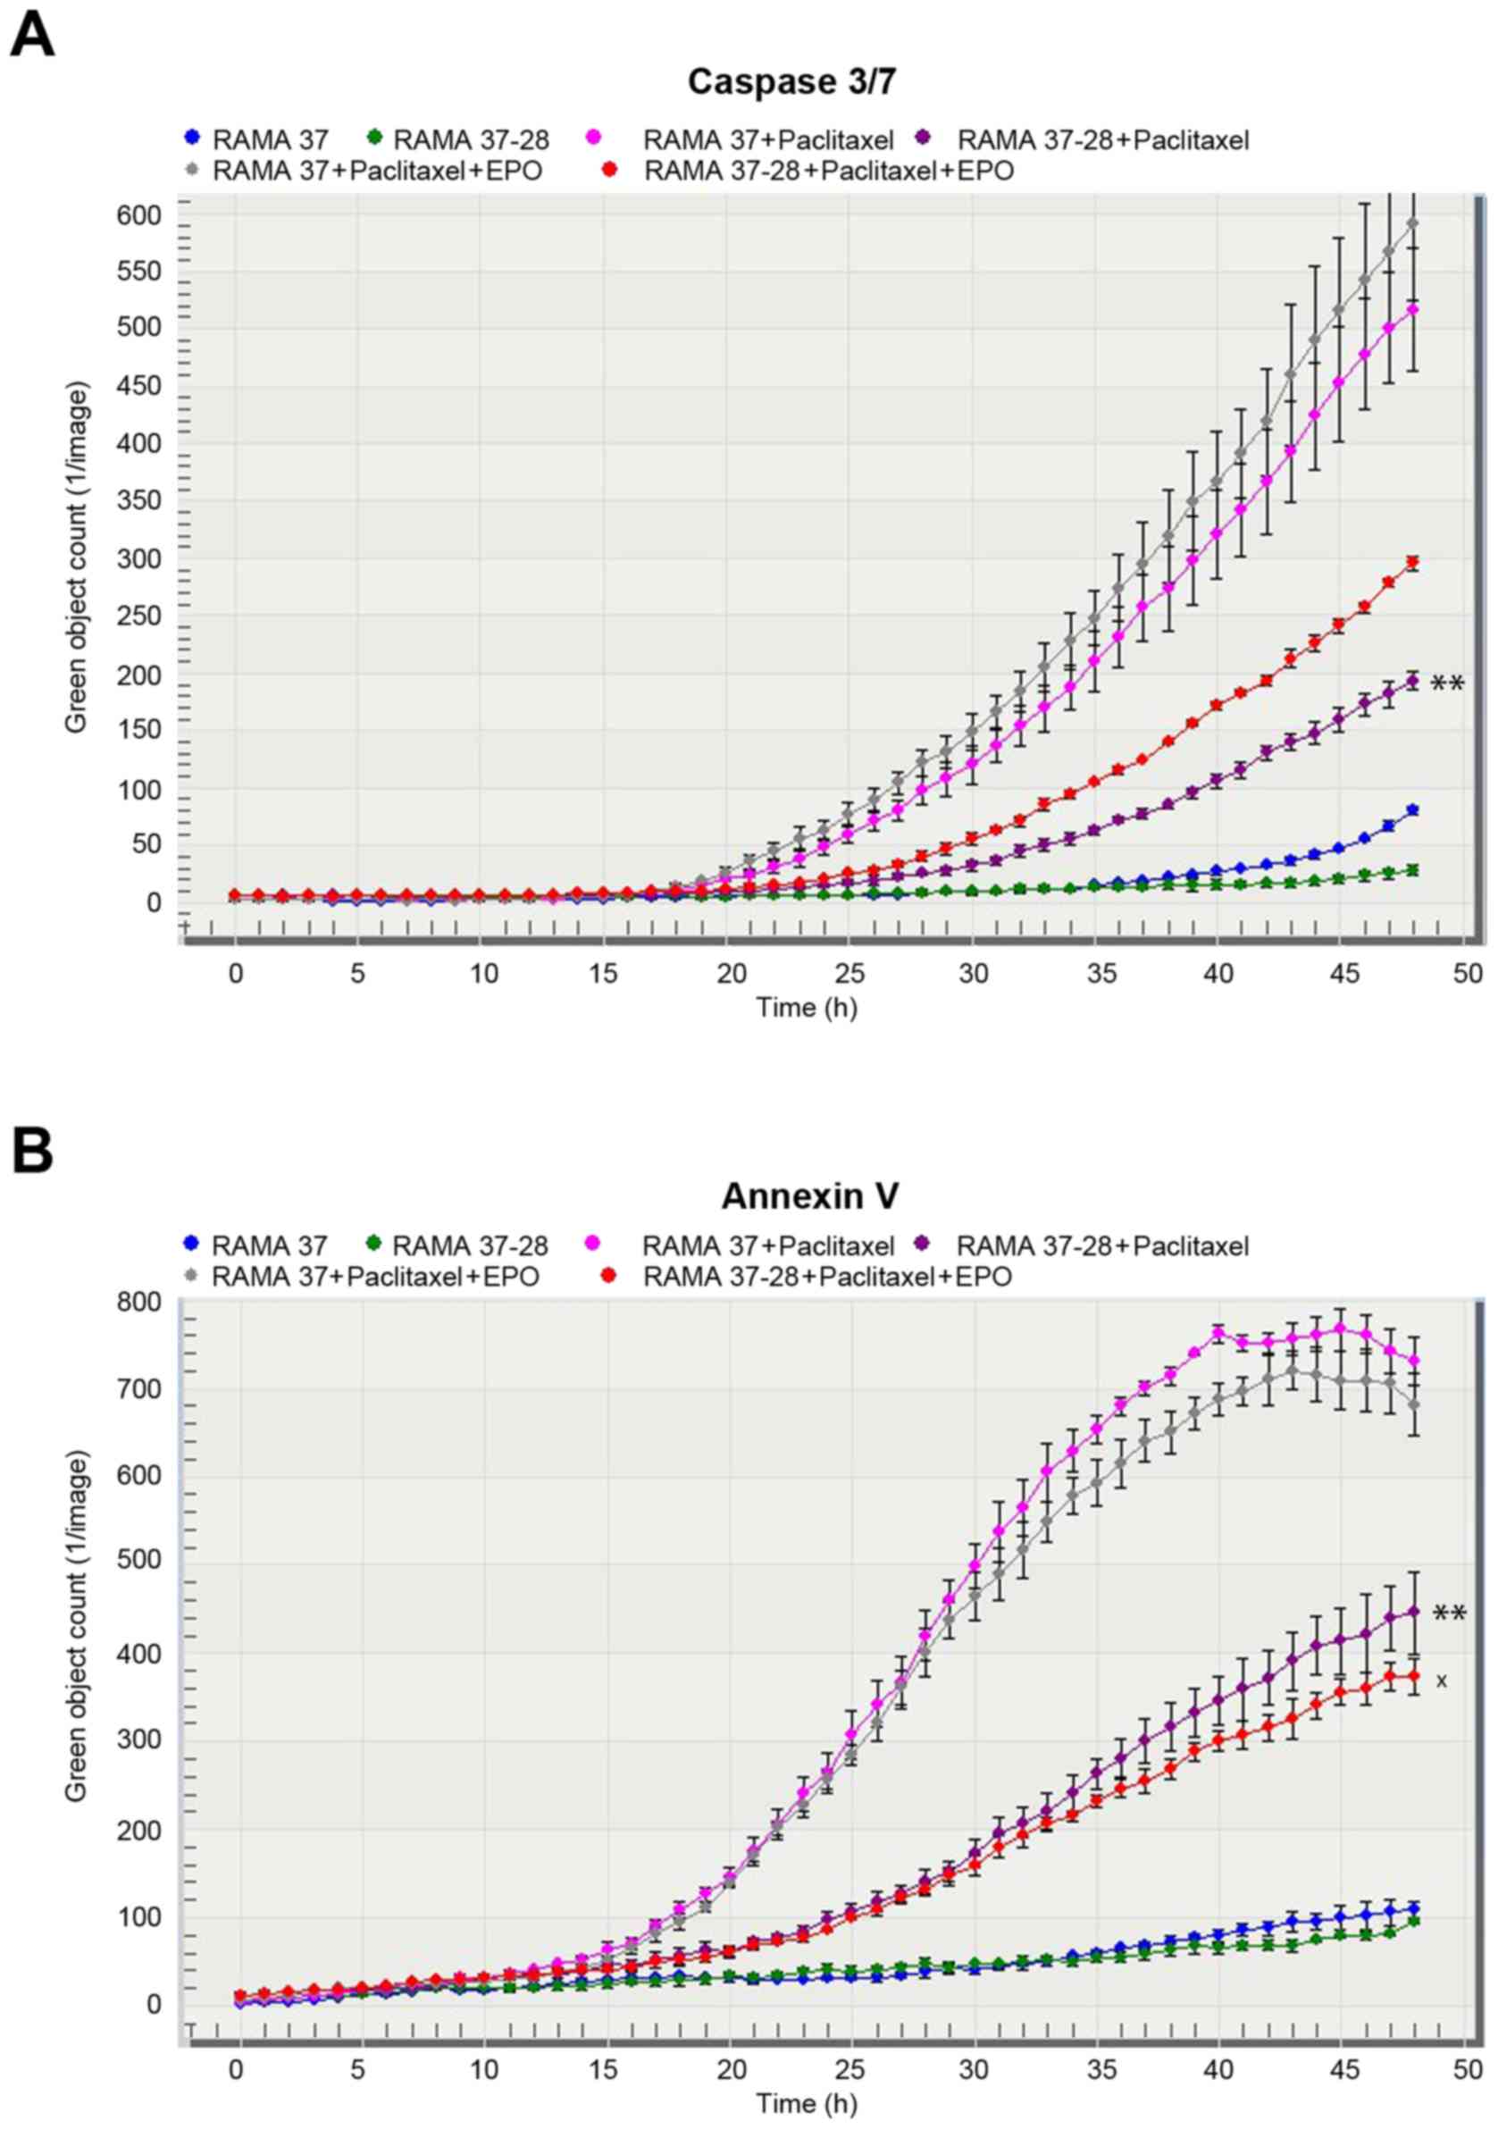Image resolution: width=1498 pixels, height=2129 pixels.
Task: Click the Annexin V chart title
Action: [x=808, y=1195]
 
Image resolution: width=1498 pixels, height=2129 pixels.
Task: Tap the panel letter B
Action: [x=31, y=1150]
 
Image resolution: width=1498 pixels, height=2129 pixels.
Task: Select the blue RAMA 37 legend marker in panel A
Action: [x=191, y=138]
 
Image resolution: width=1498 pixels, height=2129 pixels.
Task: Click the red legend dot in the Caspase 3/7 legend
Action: [x=609, y=170]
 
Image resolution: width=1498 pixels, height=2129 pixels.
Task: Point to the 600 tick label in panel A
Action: [x=139, y=216]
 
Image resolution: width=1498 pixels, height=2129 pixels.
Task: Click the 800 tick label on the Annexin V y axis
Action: [x=140, y=1303]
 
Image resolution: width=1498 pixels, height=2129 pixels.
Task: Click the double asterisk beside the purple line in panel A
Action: [x=1447, y=684]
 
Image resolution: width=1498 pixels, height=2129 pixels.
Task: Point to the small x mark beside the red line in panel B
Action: [x=1442, y=1681]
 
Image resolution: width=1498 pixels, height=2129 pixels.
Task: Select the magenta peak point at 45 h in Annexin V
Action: [x=1340, y=1329]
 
